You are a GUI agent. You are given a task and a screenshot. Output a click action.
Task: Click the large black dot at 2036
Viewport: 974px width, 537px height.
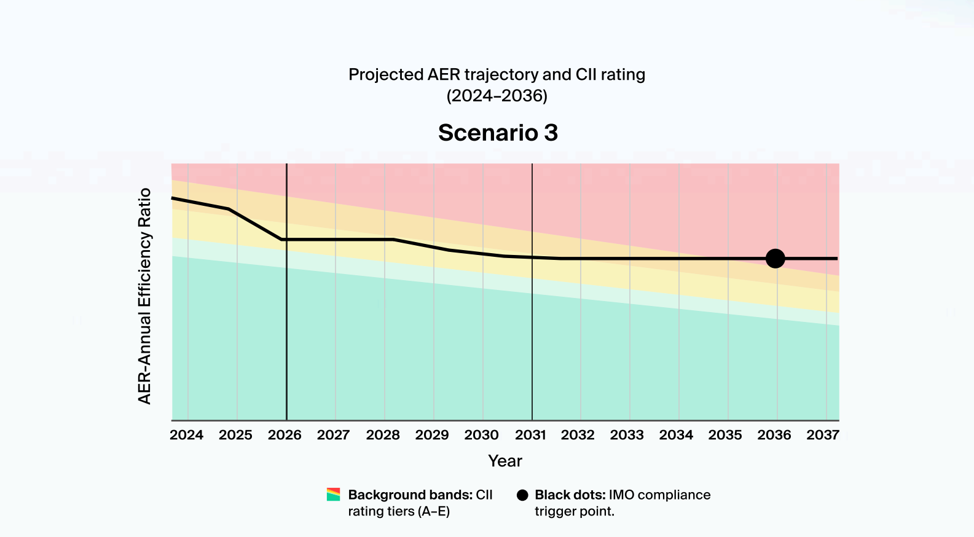(x=776, y=259)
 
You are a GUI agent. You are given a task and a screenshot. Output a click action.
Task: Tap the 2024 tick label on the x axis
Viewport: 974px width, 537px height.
(x=186, y=435)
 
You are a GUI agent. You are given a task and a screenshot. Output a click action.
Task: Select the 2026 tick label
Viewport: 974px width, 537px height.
(x=285, y=435)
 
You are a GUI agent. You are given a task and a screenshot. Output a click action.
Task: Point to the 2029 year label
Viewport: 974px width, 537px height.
(x=432, y=435)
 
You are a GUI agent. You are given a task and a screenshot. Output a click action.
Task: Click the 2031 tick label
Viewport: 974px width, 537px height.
(x=530, y=435)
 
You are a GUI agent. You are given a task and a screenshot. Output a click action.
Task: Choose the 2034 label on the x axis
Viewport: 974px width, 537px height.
(x=676, y=435)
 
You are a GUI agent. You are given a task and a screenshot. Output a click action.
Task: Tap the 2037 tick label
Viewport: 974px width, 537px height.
(x=823, y=435)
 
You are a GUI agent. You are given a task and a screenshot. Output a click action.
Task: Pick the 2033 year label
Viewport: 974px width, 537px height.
(x=627, y=435)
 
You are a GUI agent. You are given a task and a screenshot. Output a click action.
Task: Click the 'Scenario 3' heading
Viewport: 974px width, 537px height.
(x=498, y=133)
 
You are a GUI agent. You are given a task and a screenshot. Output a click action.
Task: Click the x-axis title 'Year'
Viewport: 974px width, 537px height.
(x=505, y=461)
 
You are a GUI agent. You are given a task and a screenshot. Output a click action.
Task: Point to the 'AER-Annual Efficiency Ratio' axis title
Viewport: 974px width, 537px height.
(x=144, y=296)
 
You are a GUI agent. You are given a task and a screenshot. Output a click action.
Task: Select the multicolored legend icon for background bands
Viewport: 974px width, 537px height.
(x=333, y=495)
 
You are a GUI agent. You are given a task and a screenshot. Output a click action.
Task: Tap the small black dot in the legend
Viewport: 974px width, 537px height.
(x=522, y=495)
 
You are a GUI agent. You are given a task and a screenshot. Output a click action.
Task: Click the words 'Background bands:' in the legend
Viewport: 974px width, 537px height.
(x=410, y=495)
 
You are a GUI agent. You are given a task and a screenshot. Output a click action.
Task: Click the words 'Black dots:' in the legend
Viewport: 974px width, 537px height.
(x=570, y=495)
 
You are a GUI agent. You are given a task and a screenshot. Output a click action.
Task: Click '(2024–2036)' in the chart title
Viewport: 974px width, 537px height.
(x=497, y=96)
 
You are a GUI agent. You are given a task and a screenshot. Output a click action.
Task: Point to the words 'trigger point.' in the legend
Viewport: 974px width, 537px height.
(x=574, y=511)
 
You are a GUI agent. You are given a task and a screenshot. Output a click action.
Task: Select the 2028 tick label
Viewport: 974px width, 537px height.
(x=383, y=435)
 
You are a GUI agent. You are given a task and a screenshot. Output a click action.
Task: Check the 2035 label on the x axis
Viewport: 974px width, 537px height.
(x=725, y=435)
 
